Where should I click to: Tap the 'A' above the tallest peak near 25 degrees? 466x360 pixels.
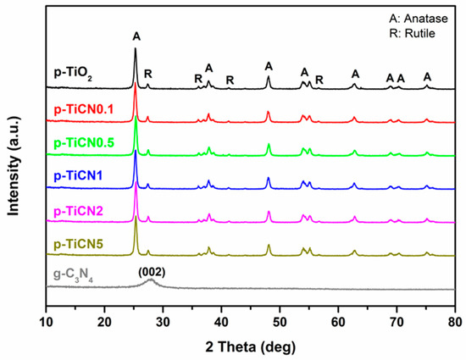point(136,36)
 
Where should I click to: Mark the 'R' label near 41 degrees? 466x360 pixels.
point(230,80)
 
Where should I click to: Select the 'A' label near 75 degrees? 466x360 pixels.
point(428,77)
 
